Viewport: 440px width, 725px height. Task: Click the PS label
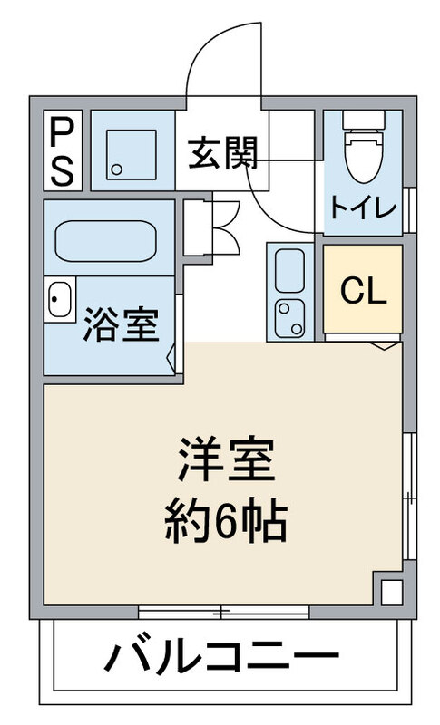coord(62,150)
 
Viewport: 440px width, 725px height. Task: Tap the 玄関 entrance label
coord(223,152)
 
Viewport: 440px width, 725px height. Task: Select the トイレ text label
coord(363,208)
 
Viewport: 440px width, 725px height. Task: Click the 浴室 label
coord(122,324)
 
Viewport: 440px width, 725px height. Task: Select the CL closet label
coord(363,290)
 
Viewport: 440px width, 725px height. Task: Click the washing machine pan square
coord(132,150)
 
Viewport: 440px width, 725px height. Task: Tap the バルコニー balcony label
coord(222,658)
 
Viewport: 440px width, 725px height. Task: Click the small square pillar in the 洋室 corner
coord(389,591)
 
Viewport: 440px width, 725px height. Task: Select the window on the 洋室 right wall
coord(409,495)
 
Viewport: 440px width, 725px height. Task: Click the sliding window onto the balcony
coord(223,612)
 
